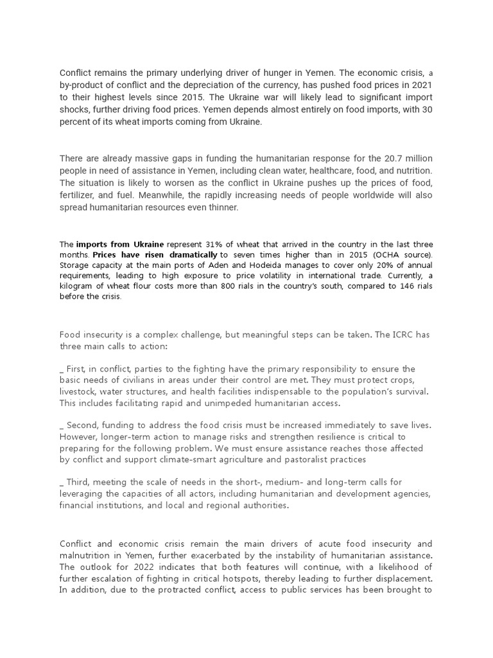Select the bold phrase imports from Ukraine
(120, 245)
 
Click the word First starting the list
(77, 369)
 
